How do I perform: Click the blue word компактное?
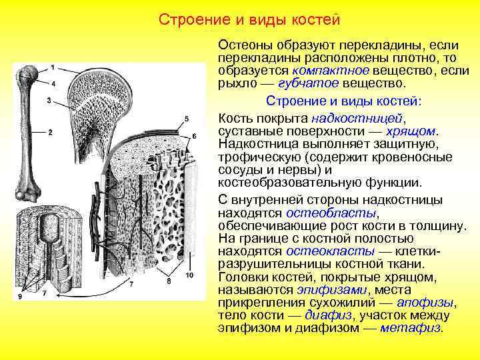(322, 71)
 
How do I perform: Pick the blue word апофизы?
(429, 303)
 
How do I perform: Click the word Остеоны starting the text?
(246, 45)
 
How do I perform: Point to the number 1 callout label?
(53, 68)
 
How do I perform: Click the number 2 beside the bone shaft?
(51, 132)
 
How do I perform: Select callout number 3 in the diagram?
(49, 100)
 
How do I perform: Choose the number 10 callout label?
(189, 275)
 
